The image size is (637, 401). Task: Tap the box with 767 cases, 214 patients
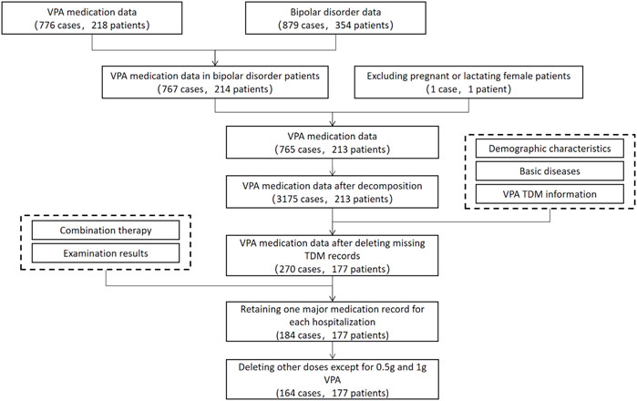pos(217,85)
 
